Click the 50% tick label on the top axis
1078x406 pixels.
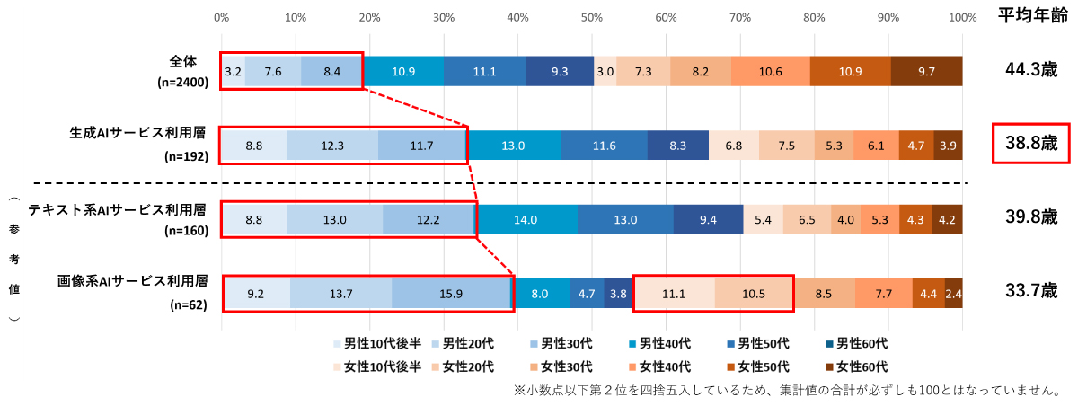(x=591, y=16)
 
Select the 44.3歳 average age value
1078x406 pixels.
(x=1030, y=71)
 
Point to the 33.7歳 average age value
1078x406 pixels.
(x=1030, y=291)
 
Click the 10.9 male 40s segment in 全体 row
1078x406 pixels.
(x=403, y=72)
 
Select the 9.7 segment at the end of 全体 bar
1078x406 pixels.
(x=926, y=72)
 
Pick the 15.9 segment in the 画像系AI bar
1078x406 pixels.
(x=451, y=293)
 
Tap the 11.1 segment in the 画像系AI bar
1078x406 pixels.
(x=674, y=293)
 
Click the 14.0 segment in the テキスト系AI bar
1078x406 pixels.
(x=526, y=219)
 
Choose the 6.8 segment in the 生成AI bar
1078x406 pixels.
(x=733, y=146)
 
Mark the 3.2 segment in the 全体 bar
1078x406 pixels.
(x=233, y=72)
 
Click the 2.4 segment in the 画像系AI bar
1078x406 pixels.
(x=954, y=293)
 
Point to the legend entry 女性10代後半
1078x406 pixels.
(x=376, y=366)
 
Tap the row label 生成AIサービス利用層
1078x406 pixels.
(x=138, y=133)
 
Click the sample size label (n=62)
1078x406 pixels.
(x=189, y=305)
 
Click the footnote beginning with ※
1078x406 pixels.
(x=787, y=391)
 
